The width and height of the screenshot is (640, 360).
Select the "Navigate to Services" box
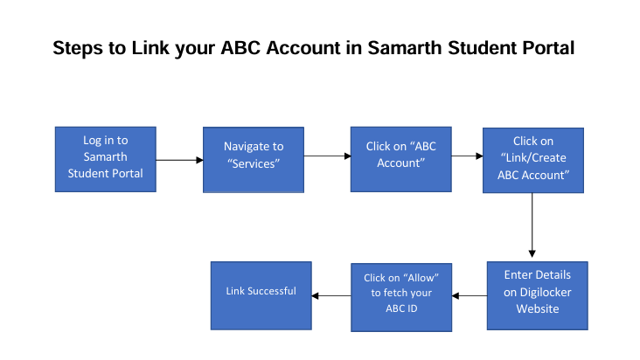(x=254, y=160)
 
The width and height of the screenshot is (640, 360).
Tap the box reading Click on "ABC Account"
(x=400, y=160)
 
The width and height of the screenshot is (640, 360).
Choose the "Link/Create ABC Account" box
(x=533, y=160)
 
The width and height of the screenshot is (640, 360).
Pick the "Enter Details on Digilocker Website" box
(x=537, y=294)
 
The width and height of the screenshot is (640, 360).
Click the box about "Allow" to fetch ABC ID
(x=400, y=297)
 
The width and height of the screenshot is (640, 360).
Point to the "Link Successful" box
(x=261, y=294)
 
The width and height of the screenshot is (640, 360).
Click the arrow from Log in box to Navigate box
(x=179, y=160)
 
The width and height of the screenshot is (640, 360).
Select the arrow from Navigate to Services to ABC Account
(x=326, y=156)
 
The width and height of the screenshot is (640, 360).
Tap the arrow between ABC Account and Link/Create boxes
(x=468, y=156)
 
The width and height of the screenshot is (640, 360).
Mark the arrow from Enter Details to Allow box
(x=470, y=295)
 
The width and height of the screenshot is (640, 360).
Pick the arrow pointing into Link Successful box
(x=331, y=295)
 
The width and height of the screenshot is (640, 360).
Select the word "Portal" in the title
(x=546, y=49)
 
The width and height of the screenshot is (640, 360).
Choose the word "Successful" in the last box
(x=273, y=291)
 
